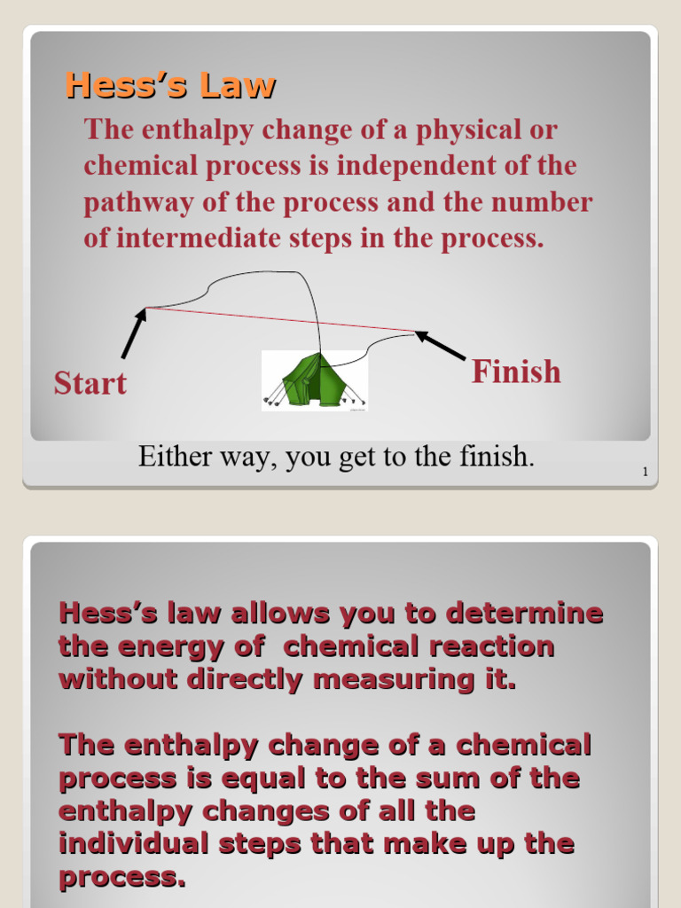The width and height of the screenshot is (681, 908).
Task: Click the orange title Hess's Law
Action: (170, 86)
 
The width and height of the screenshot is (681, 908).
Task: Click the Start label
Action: (90, 383)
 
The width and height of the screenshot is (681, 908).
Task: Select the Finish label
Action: (516, 371)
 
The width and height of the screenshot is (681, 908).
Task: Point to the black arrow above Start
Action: (134, 333)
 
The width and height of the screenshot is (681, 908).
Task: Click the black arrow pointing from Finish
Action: (441, 346)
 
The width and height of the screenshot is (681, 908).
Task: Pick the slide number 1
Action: (646, 472)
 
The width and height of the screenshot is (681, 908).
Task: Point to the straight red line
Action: (266, 318)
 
